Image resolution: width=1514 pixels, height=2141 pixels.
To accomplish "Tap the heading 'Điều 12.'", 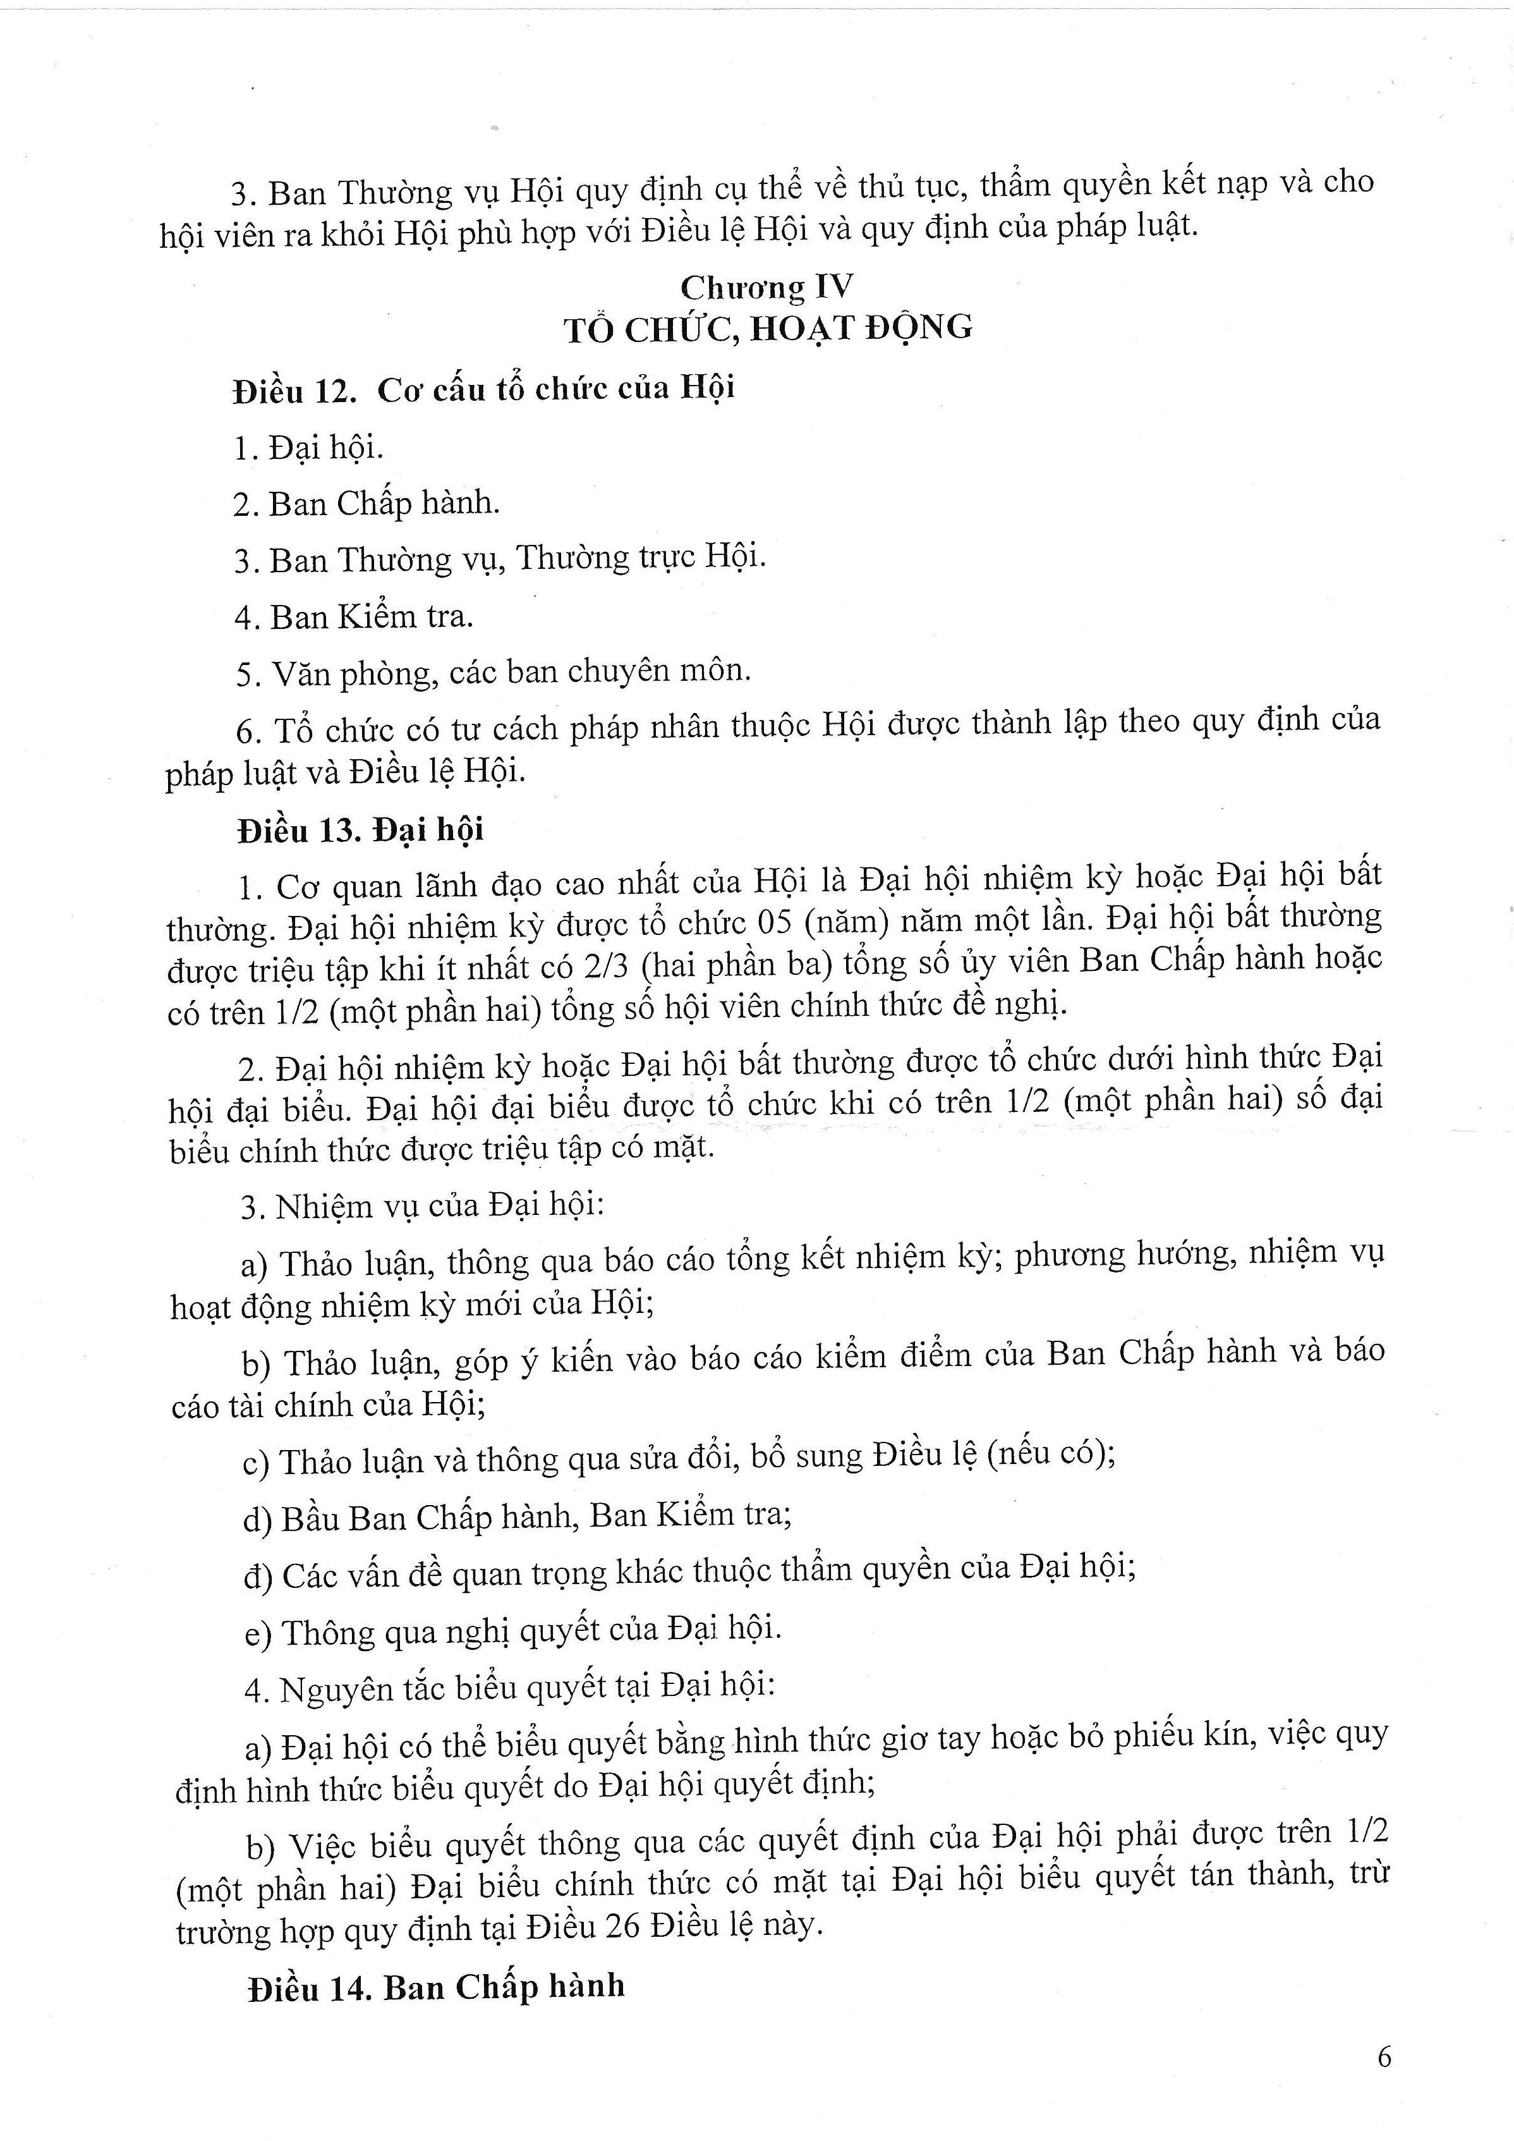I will (294, 391).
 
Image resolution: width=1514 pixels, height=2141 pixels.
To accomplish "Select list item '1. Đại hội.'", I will (308, 449).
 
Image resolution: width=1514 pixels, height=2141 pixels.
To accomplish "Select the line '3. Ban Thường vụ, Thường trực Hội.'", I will (500, 559).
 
